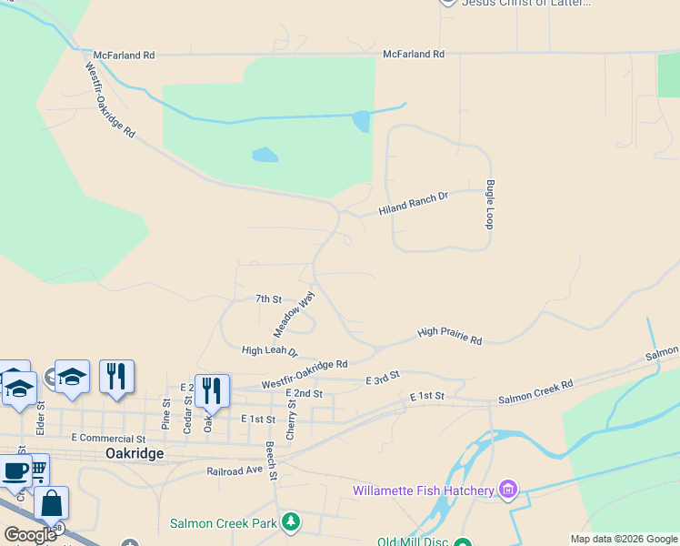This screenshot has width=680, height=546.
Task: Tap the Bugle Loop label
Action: coord(489,204)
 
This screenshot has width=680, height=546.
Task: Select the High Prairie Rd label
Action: coord(449,337)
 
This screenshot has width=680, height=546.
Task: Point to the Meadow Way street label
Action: coord(295,314)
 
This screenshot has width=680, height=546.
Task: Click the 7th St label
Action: coord(268,298)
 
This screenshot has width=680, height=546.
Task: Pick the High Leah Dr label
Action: coord(269,350)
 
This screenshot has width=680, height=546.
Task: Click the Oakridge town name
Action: coord(135,453)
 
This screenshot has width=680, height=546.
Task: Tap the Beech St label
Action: coord(271,460)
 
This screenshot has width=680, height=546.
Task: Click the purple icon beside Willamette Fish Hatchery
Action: coord(508,491)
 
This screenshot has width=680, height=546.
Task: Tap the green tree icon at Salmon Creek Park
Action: coord(290,521)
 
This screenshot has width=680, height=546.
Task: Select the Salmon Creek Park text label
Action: coord(223,524)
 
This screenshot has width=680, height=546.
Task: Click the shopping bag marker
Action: coord(52,503)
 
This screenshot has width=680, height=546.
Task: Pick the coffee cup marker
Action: coord(15,471)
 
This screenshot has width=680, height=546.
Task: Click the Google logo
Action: coord(30,535)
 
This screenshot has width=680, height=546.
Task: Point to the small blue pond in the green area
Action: coord(265,155)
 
